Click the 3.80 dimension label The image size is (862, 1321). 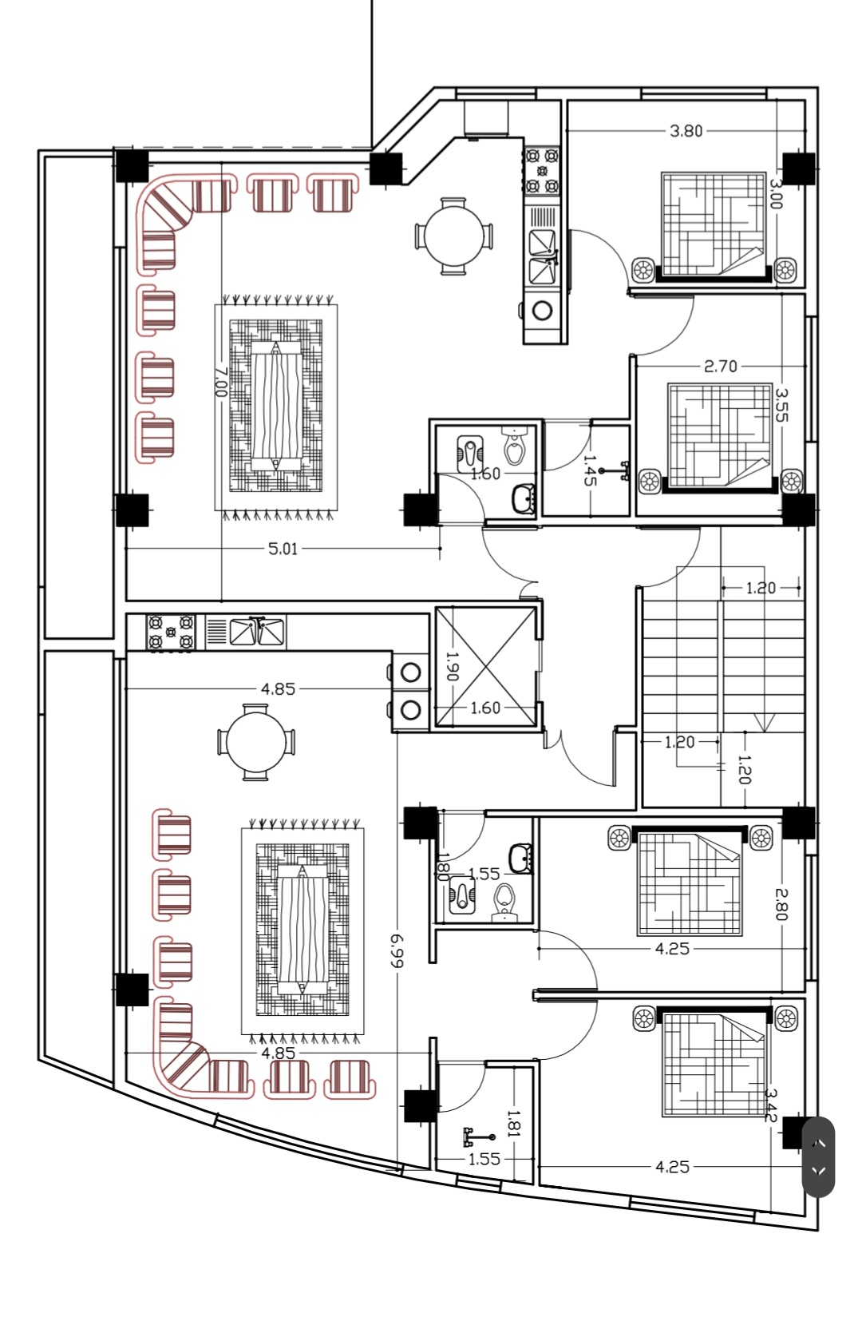[686, 130]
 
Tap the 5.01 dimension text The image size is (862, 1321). [283, 549]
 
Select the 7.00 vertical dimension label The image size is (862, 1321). [220, 382]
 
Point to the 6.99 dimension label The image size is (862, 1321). [397, 950]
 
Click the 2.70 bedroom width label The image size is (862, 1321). [721, 367]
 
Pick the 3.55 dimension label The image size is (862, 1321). [782, 405]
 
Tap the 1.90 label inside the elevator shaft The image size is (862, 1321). [453, 665]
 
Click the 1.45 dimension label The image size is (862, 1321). [590, 470]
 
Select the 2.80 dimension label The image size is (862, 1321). [781, 904]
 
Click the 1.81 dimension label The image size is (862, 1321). [514, 1123]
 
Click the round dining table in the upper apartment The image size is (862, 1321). [453, 236]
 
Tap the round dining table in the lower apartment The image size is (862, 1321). [256, 743]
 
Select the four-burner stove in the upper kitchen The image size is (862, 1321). [541, 170]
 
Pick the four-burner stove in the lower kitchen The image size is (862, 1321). [171, 633]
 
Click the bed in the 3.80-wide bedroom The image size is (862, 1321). [713, 226]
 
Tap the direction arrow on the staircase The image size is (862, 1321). [764, 723]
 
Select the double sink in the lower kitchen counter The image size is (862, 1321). [257, 632]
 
